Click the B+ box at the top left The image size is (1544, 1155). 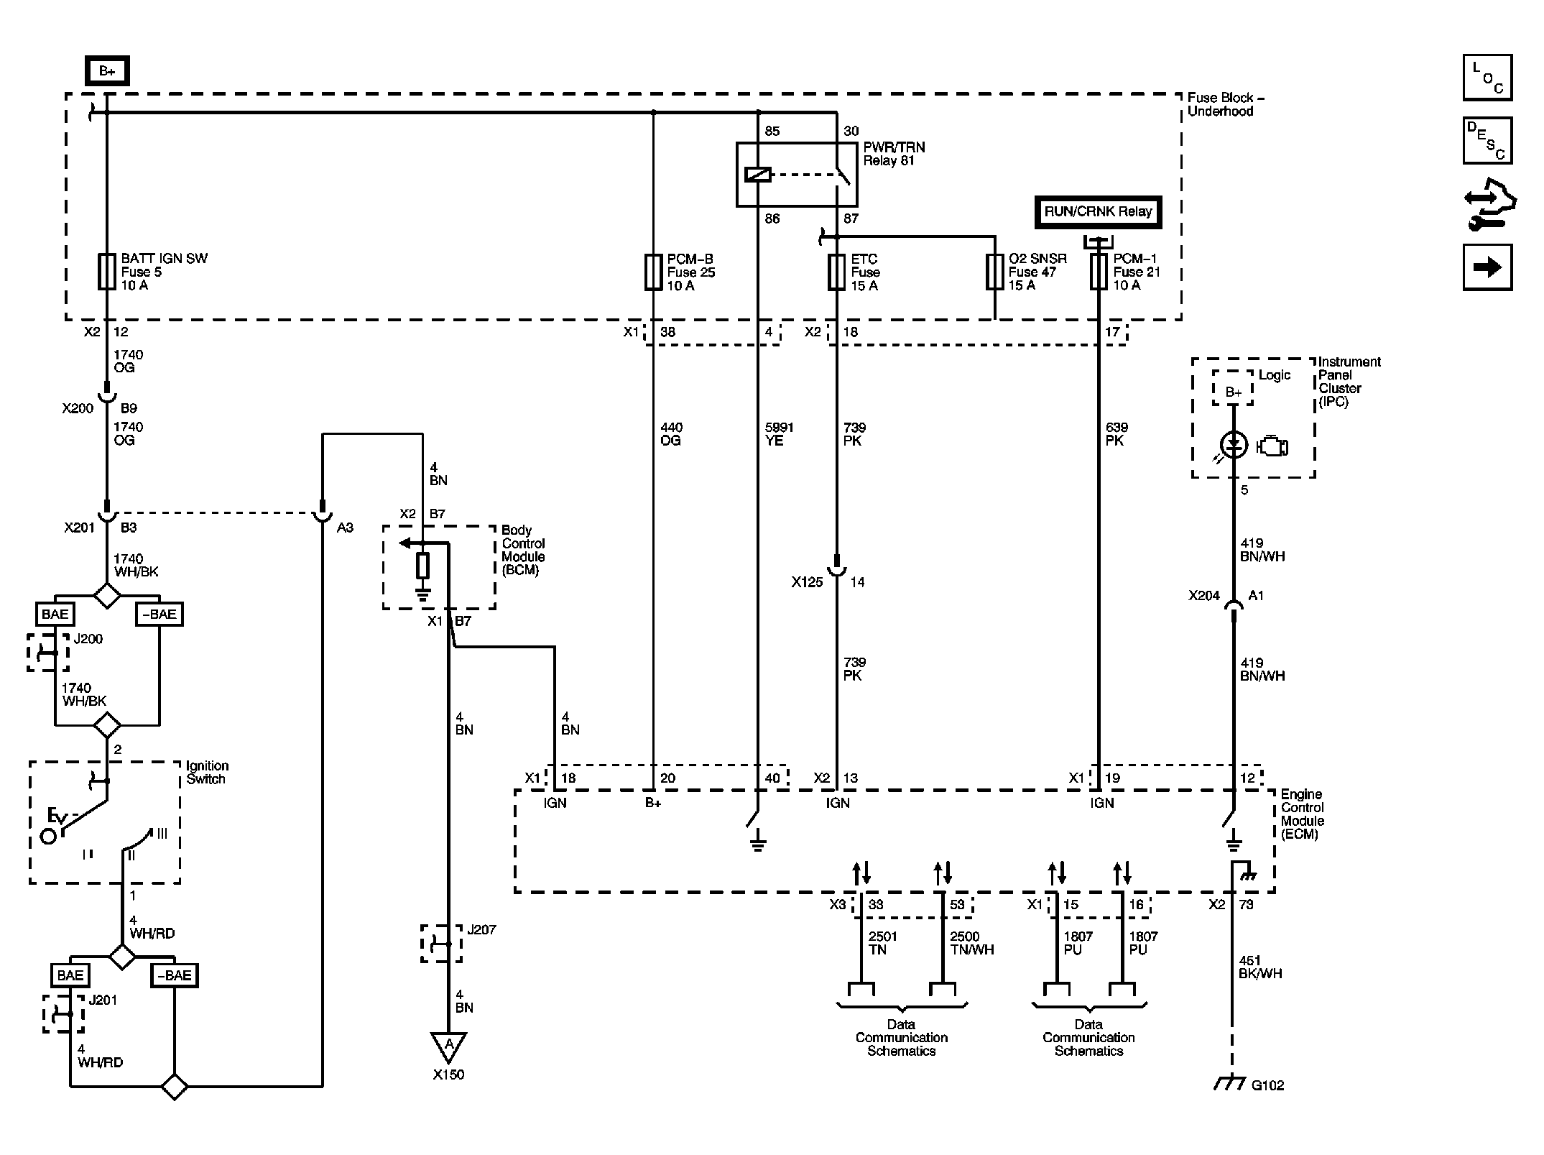[x=107, y=71]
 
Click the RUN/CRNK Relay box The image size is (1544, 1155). [x=1098, y=212]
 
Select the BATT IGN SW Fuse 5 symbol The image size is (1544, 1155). [x=107, y=272]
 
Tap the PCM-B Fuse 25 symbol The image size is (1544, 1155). [x=652, y=272]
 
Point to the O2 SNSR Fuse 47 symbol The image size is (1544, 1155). [x=994, y=272]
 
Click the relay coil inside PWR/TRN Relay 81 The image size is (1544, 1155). [x=758, y=174]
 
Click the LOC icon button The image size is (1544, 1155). [x=1487, y=78]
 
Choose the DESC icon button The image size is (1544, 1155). [x=1487, y=141]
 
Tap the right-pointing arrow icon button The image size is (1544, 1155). [x=1487, y=267]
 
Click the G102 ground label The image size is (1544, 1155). [x=1267, y=1085]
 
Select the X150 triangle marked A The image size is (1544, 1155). [x=448, y=1046]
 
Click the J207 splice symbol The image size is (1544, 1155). [x=441, y=944]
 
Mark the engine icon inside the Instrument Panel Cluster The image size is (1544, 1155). [x=1272, y=447]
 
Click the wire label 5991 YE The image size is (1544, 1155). [x=779, y=434]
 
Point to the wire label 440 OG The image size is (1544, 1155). [x=671, y=434]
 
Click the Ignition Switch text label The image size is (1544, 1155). [x=207, y=773]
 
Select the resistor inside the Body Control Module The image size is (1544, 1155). [x=423, y=566]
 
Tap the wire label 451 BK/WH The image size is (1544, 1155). [x=1260, y=967]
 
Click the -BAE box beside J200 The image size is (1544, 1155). [x=160, y=615]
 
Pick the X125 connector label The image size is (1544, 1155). [x=807, y=582]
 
